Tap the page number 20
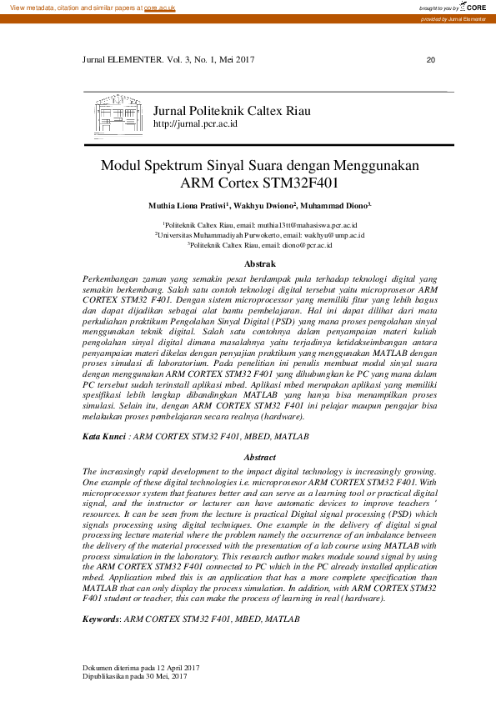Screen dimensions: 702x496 point(430,60)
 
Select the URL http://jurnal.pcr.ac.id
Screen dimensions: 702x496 point(195,123)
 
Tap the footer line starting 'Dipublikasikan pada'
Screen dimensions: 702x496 point(133,676)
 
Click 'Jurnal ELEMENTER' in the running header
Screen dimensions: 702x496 point(118,60)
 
